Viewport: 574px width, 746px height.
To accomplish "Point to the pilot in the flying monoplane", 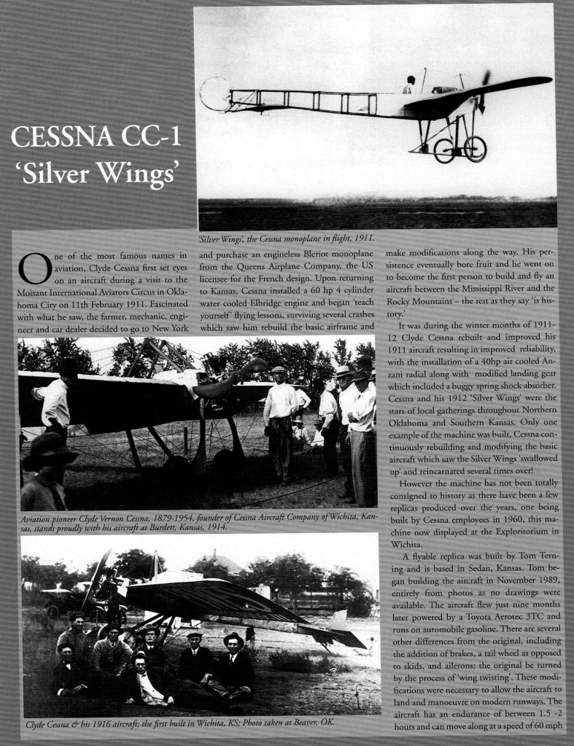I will click(410, 84).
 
